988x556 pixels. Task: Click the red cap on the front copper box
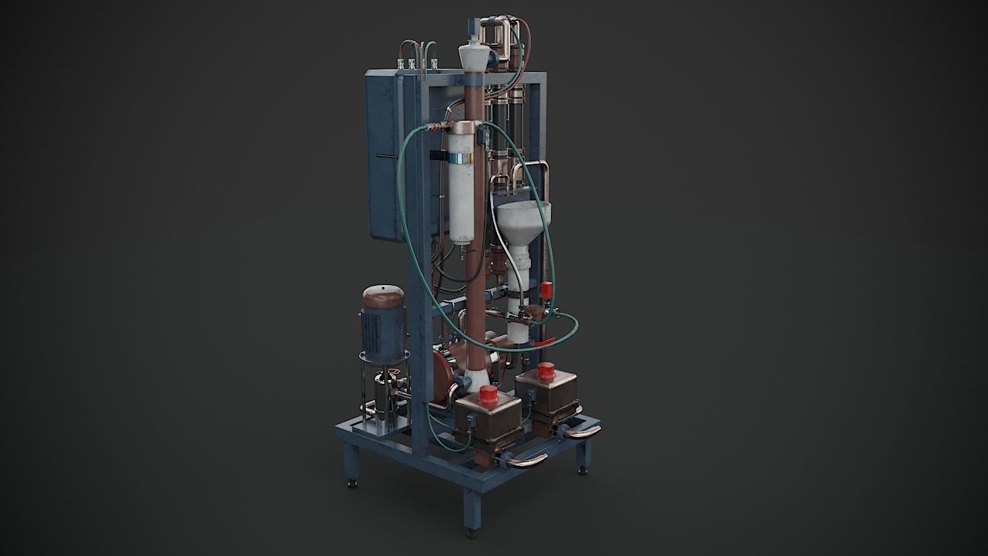(488, 396)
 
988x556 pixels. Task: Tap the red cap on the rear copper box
(546, 370)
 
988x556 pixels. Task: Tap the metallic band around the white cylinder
(462, 158)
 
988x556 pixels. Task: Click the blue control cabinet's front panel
(384, 154)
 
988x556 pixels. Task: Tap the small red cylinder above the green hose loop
(547, 291)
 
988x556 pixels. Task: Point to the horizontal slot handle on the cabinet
(384, 158)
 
